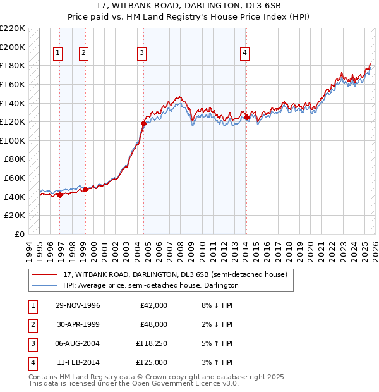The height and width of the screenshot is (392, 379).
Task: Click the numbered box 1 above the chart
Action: pos(57,54)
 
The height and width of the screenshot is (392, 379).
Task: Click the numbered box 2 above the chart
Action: pos(83,54)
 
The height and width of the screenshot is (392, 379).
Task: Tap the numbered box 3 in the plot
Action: pos(141,54)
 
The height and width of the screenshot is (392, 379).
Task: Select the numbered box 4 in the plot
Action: pos(244,54)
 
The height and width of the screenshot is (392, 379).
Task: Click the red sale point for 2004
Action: pos(143,123)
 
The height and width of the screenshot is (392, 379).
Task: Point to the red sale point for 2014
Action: pos(246,117)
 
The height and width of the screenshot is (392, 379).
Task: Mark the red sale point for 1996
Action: pos(60,195)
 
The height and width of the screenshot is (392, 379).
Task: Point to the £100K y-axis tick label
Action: pos(13,140)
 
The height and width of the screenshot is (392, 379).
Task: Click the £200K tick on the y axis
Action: pos(13,47)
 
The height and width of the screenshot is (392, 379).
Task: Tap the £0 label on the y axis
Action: pos(18,234)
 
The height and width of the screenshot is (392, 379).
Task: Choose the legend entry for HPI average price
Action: pos(150,285)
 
